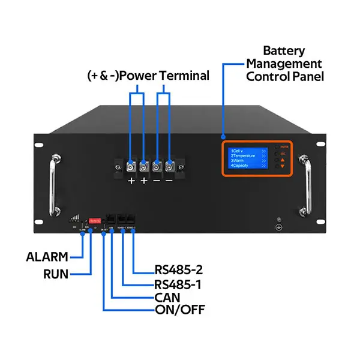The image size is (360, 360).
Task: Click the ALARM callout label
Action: click(46, 257)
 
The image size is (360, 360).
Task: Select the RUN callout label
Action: click(55, 274)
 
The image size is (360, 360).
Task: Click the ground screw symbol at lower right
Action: click(278, 227)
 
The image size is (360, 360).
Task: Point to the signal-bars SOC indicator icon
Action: click(74, 221)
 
